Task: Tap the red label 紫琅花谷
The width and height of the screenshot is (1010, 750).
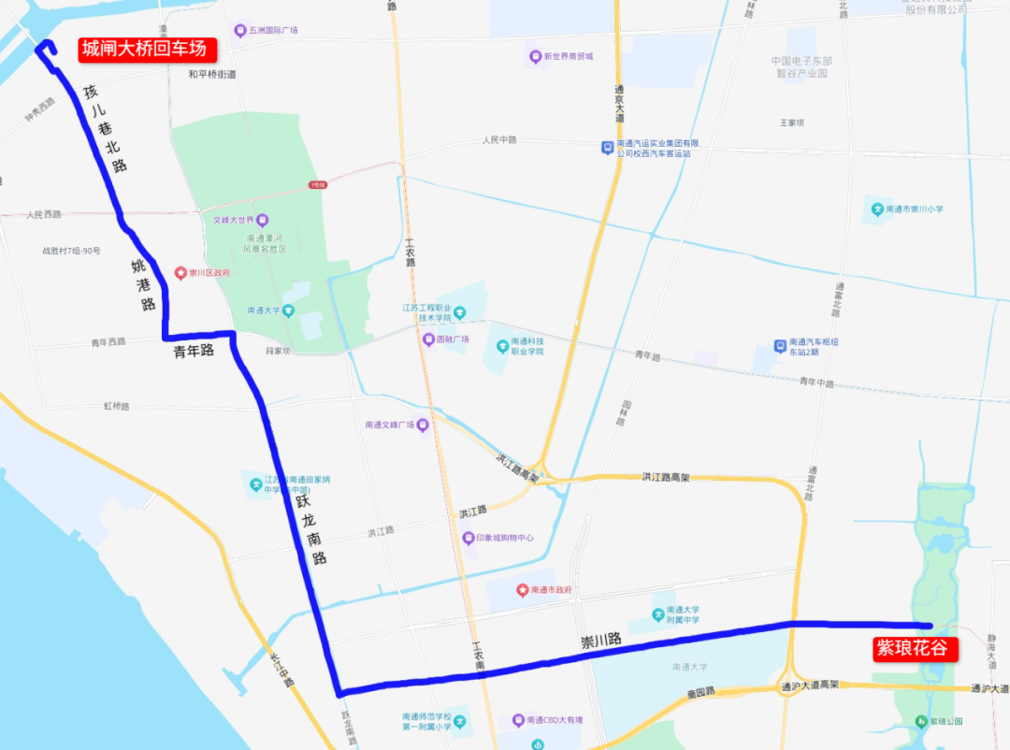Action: [911, 649]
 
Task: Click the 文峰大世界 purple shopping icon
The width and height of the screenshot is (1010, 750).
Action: [262, 221]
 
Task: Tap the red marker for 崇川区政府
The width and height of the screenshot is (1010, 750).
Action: [180, 273]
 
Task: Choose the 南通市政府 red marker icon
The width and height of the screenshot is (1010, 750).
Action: [522, 590]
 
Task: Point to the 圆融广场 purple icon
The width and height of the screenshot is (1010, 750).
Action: [428, 339]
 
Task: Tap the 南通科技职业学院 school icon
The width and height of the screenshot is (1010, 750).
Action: [501, 347]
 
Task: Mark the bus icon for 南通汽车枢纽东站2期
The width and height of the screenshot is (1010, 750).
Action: [780, 346]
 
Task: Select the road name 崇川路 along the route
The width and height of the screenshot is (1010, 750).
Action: [600, 642]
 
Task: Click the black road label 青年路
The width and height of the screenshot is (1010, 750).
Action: [194, 351]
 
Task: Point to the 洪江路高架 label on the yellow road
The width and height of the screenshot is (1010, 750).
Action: [665, 477]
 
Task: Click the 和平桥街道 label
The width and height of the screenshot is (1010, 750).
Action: [212, 74]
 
